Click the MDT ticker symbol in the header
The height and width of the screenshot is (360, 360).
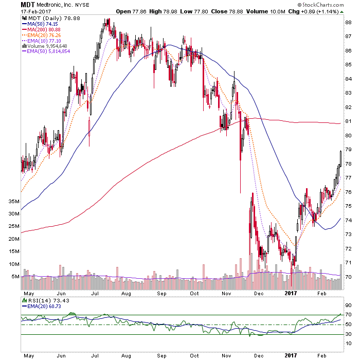[27, 4]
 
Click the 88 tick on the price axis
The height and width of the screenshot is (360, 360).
[348, 23]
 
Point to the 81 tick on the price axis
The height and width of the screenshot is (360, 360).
[348, 121]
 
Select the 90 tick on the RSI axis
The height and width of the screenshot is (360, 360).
[348, 304]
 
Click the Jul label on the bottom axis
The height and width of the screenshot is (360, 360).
[95, 355]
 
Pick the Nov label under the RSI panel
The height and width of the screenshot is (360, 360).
[227, 355]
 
